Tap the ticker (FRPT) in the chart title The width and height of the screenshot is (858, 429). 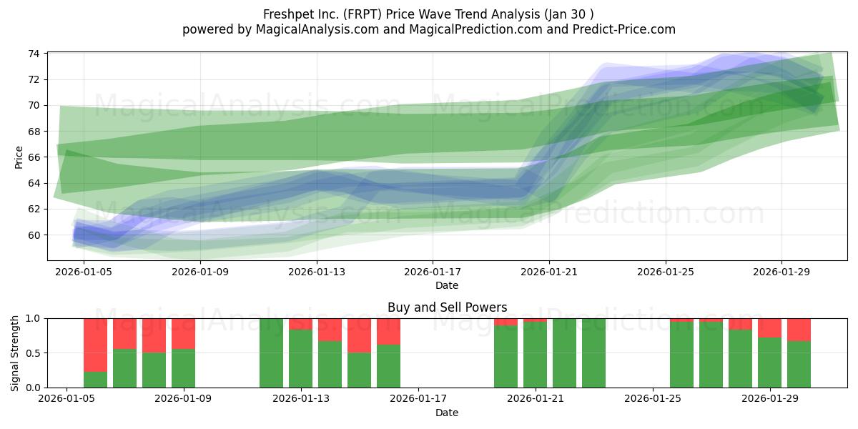[363, 14]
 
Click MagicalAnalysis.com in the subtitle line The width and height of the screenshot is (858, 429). [317, 29]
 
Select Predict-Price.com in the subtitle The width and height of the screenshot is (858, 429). [624, 29]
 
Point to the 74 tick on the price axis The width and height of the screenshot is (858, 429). [34, 54]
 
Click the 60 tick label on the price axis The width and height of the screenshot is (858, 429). [34, 235]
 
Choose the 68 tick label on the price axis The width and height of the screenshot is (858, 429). [34, 132]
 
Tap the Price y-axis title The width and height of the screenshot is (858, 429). [19, 157]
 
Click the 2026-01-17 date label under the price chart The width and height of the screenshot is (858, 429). [433, 272]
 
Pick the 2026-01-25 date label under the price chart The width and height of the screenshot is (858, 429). [666, 272]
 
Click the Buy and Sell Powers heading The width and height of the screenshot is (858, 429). [447, 307]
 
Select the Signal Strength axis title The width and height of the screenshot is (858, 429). [14, 353]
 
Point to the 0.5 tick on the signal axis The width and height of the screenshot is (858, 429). [33, 353]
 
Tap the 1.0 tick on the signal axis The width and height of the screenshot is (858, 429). [33, 319]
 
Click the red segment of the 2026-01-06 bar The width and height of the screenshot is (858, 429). [95, 345]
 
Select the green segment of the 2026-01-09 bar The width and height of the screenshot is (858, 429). [183, 368]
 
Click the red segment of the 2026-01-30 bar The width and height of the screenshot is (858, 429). [799, 330]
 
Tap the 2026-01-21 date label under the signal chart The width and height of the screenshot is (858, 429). [535, 399]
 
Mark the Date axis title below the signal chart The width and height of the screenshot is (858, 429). [447, 413]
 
